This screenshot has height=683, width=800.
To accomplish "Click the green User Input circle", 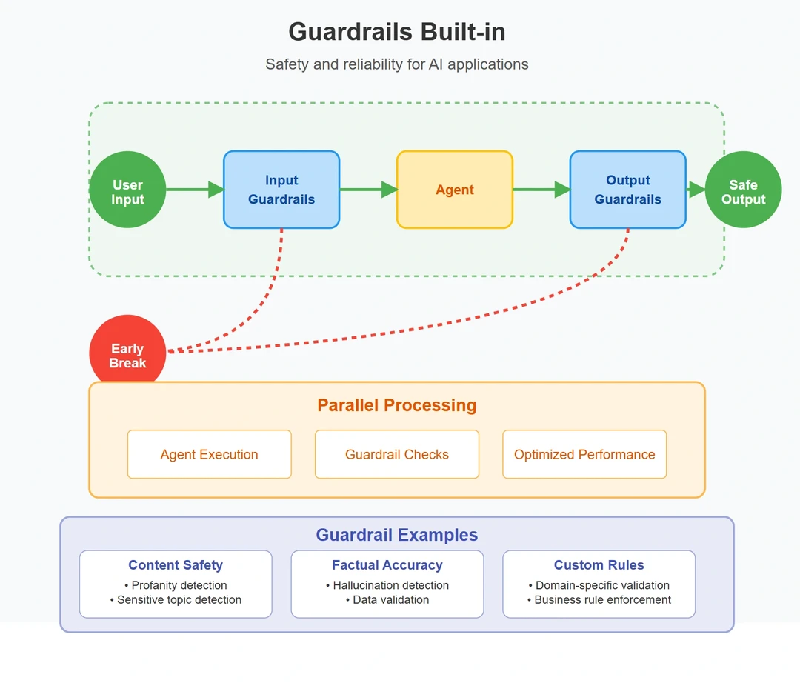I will tap(127, 190).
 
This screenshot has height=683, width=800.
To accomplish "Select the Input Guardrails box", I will tap(281, 190).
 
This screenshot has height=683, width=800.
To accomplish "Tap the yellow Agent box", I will tap(454, 190).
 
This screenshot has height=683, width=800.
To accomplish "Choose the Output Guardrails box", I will tap(627, 190).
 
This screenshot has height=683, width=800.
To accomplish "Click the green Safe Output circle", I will tap(743, 190).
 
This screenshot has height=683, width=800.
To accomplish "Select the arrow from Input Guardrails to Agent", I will tap(368, 190).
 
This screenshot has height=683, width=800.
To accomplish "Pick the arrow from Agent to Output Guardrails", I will tap(541, 190).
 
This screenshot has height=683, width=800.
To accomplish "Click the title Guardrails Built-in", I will tap(397, 32).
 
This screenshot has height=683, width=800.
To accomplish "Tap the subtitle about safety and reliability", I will tap(397, 64).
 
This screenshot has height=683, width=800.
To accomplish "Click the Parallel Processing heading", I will tap(397, 405).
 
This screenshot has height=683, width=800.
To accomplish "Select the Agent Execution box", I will tap(209, 454).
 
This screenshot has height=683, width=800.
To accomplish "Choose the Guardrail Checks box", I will tap(397, 454).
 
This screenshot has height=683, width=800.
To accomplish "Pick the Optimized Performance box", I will tap(584, 454).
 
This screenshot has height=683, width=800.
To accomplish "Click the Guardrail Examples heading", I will tap(397, 535).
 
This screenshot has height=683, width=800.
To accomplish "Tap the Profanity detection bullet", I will tap(176, 585).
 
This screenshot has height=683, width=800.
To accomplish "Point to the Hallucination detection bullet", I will tap(387, 585).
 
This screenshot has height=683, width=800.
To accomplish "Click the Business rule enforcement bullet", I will tap(599, 600).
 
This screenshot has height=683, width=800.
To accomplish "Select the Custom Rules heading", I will tap(599, 565).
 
